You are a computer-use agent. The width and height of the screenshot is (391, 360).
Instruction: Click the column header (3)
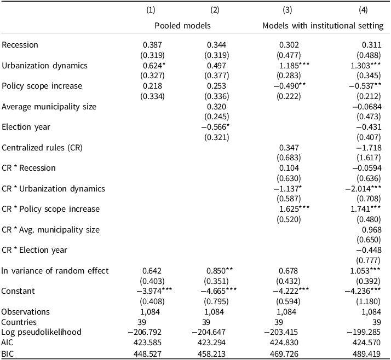(287, 10)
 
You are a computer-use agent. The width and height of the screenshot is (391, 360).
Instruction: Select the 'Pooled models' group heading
(182, 26)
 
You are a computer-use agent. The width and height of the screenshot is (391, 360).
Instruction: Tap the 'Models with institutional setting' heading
(323, 26)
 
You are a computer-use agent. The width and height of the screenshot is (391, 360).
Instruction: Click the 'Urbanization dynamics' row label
(45, 66)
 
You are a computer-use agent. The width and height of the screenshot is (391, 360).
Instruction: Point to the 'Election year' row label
(26, 127)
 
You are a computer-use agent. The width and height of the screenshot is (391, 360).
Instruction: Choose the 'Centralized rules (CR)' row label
(42, 148)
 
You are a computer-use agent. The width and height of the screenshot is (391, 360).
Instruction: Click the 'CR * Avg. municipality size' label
(50, 230)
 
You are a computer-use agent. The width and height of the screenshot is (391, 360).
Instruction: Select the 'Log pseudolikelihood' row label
(42, 332)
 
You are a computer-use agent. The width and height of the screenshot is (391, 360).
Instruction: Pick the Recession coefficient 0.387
(152, 45)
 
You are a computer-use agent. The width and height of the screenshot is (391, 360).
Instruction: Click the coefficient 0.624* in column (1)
(154, 66)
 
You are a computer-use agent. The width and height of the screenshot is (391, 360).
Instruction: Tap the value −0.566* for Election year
(215, 127)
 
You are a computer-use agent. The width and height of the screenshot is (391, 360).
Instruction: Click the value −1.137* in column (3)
(287, 189)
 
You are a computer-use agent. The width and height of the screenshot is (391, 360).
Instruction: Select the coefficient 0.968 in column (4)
(372, 230)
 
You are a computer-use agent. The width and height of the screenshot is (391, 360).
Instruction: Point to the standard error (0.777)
(369, 260)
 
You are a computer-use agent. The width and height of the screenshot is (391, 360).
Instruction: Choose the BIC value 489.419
(366, 354)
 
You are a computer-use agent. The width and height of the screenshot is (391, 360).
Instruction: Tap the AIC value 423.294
(211, 342)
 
